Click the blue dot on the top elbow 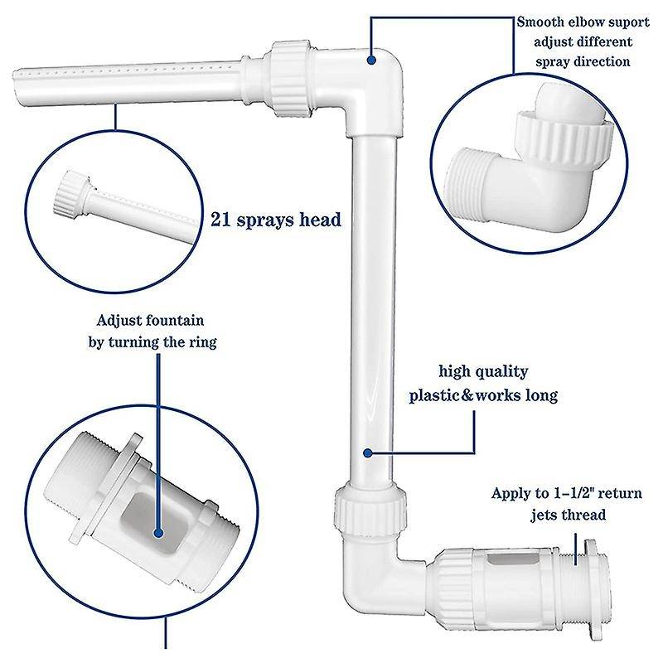(x=371, y=60)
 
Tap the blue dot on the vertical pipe (x=368, y=452)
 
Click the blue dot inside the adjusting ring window (x=159, y=533)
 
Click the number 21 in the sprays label (x=221, y=220)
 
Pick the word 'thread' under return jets (x=586, y=515)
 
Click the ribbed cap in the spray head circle (x=70, y=193)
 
